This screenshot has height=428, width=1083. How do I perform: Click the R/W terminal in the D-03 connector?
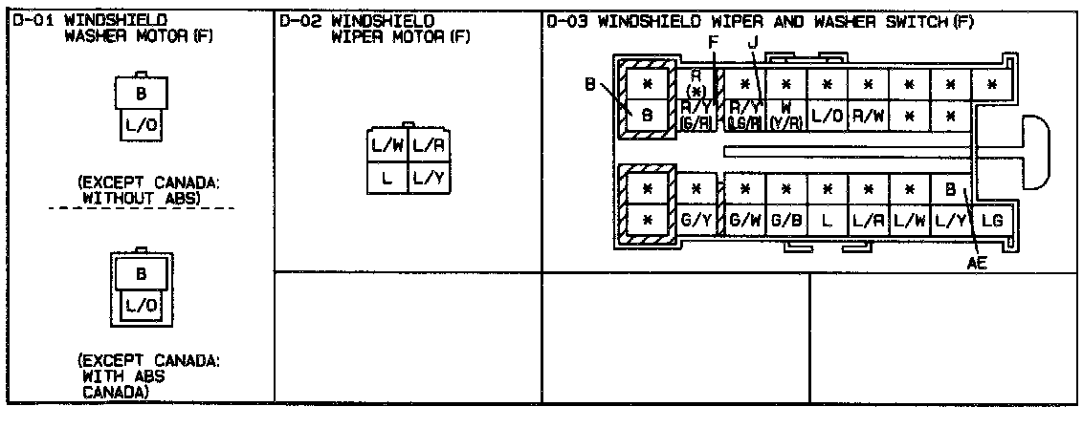[x=867, y=116]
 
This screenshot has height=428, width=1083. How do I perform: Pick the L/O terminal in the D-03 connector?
[x=826, y=116]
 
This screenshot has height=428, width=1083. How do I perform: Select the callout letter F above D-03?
[x=712, y=42]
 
